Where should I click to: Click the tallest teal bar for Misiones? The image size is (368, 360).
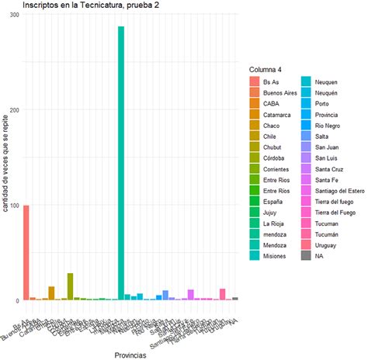coord(121,163)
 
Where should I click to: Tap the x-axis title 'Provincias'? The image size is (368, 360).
coord(130,354)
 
